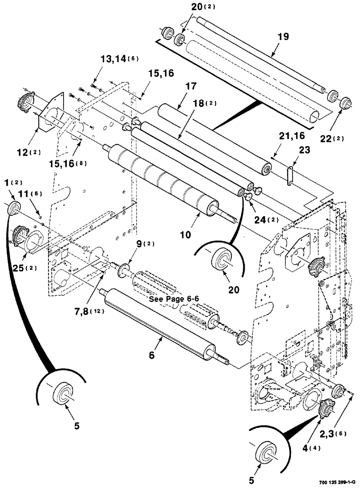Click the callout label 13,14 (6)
[119, 59]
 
